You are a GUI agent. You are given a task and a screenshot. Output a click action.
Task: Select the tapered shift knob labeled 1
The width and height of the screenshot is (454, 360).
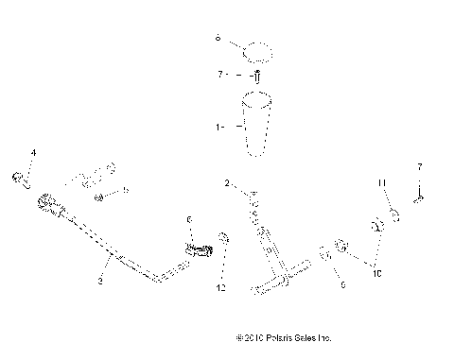point(258,121)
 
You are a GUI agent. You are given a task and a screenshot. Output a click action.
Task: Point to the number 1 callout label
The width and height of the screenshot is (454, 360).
point(218,126)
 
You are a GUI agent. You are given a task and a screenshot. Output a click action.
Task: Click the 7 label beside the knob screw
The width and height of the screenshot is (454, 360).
point(219,74)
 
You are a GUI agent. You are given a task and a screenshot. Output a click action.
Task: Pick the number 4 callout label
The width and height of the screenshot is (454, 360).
point(33,152)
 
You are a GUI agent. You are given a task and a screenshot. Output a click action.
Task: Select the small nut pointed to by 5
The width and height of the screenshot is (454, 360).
point(100,197)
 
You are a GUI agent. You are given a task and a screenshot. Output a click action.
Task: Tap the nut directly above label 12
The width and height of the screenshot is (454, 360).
point(222,238)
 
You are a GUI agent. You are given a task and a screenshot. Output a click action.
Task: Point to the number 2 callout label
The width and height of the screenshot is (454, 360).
point(227,182)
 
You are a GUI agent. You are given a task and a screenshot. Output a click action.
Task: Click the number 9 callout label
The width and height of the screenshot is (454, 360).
point(343,282)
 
